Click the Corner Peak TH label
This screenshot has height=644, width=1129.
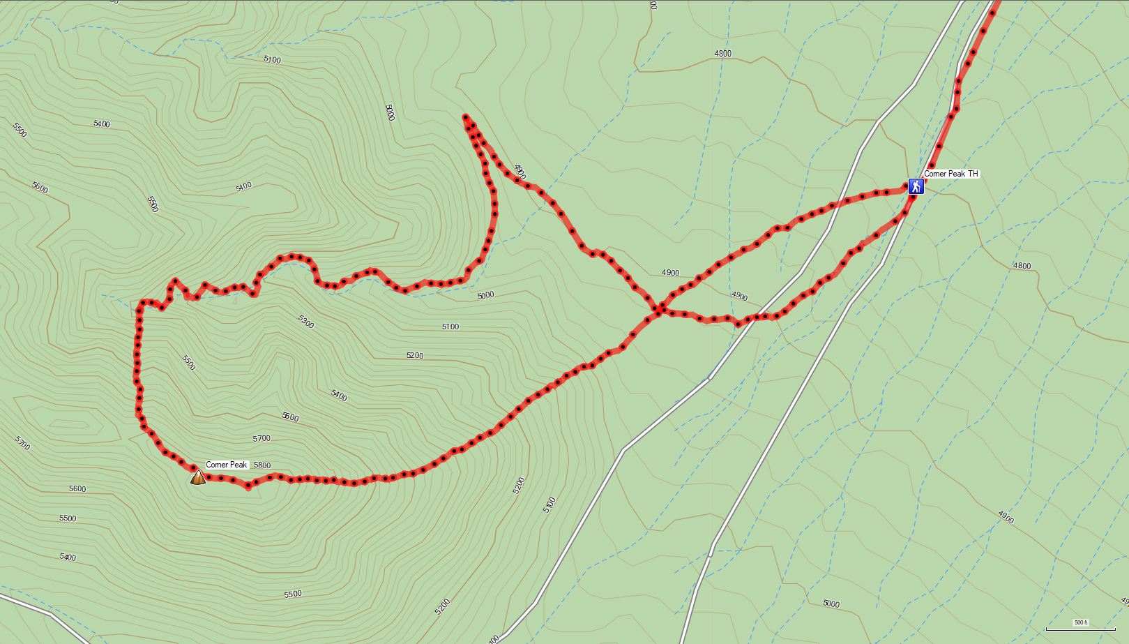[950, 174]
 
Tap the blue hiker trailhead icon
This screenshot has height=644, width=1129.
[916, 186]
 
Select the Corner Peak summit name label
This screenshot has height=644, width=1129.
[227, 465]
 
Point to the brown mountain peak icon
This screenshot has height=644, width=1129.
[198, 478]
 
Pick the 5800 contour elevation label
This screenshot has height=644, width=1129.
[262, 465]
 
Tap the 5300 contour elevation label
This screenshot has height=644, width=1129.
[305, 321]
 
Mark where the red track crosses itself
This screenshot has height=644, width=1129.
[658, 308]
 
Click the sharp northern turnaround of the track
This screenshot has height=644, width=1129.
[465, 117]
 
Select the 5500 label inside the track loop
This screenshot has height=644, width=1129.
[188, 362]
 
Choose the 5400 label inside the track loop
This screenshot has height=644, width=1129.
[339, 396]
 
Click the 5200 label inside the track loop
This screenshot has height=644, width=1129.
[414, 356]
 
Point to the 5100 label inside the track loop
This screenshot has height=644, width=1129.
[450, 327]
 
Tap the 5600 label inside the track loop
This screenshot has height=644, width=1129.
[290, 417]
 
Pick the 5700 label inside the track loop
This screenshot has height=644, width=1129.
[261, 438]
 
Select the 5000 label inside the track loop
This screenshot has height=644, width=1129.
[485, 295]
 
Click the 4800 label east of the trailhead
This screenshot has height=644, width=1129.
[1022, 266]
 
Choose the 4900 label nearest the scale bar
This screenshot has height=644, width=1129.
[1005, 517]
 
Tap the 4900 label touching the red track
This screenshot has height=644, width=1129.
[520, 172]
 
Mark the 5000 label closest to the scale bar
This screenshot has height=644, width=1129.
[831, 604]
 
